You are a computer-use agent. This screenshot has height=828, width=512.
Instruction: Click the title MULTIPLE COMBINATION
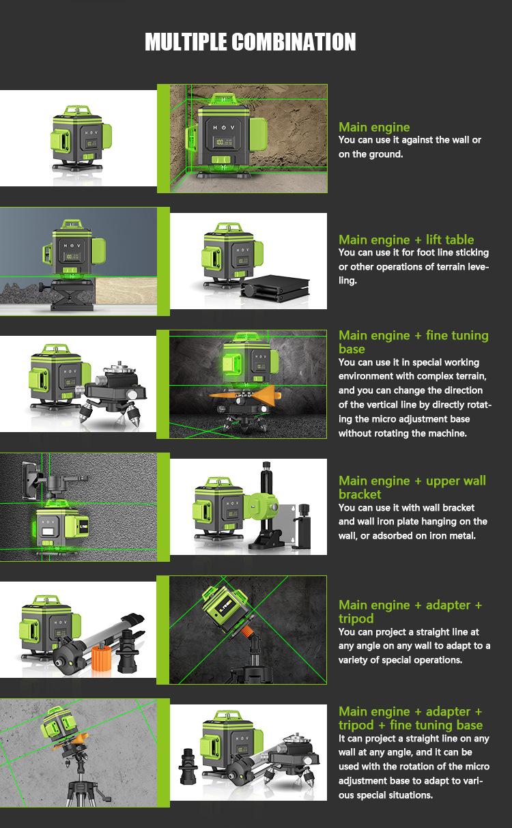pos(251,42)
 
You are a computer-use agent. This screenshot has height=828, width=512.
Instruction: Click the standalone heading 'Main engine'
pos(374,127)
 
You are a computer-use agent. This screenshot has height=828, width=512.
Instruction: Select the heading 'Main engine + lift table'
pos(406,240)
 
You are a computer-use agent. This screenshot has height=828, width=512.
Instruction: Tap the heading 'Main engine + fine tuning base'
pos(414,342)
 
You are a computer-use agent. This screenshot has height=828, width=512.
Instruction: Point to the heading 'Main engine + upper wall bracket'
pos(412,487)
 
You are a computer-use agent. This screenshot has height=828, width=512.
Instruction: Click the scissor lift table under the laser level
pos(72,295)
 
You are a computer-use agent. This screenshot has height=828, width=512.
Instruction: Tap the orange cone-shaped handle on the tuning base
pos(261,394)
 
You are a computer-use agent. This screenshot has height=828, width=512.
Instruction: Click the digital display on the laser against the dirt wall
pos(224,142)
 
